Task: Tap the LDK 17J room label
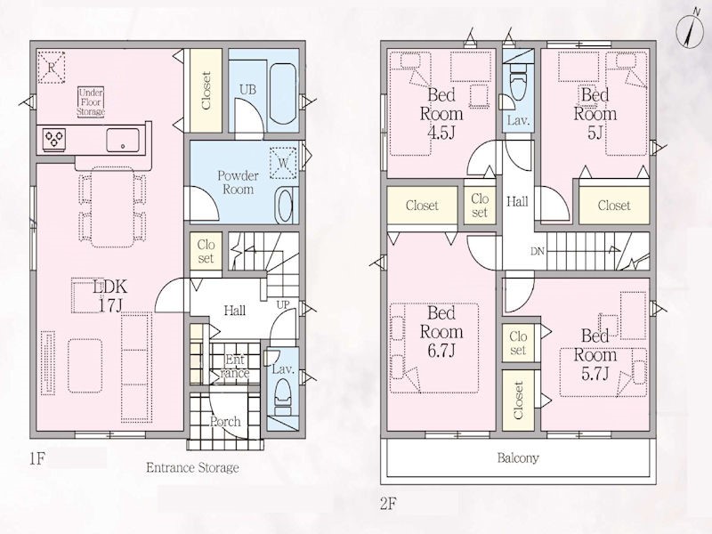tap(109, 295)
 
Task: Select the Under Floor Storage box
tap(91, 102)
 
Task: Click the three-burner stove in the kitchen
tap(54, 138)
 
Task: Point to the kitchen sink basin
tap(123, 140)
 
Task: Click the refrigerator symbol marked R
tap(52, 68)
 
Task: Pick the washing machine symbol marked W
tap(283, 163)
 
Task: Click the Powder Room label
tap(238, 182)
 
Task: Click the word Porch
tap(226, 422)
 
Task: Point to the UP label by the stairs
tap(283, 304)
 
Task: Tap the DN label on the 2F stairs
tap(538, 251)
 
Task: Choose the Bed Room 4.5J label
tap(441, 114)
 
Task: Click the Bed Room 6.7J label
tap(441, 332)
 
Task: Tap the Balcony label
tap(518, 457)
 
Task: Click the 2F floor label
tap(389, 504)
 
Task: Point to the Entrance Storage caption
tap(192, 468)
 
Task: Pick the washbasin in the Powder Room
tap(285, 206)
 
